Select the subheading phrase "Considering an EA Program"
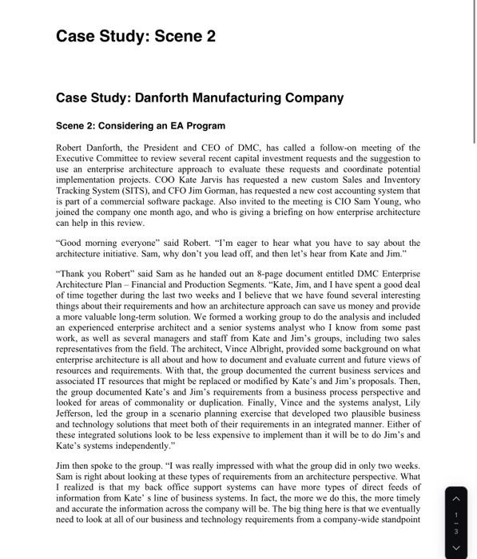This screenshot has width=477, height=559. click(161, 125)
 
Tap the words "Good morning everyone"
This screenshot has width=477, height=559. click(105, 243)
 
